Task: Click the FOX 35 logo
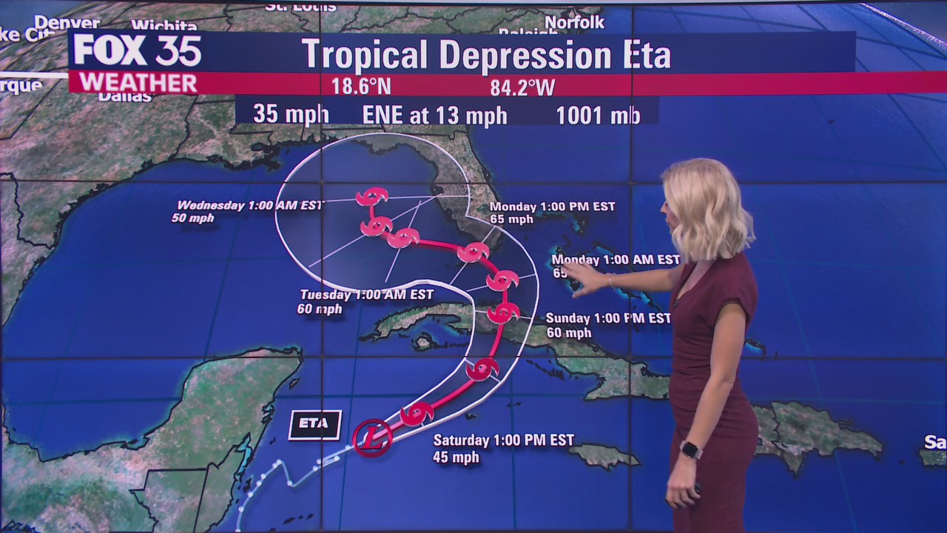137,50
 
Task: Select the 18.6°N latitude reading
360,87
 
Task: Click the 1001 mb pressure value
598,115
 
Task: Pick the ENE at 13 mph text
434,115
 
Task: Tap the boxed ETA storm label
314,425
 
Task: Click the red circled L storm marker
372,438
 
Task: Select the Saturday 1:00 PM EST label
503,440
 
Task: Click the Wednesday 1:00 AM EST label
250,205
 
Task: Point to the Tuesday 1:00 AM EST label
366,295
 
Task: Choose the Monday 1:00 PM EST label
552,207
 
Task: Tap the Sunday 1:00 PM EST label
608,318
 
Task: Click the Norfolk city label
574,22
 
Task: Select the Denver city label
67,22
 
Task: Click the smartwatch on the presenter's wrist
690,449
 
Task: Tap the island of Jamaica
603,455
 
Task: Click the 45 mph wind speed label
456,457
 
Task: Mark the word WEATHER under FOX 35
138,82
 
